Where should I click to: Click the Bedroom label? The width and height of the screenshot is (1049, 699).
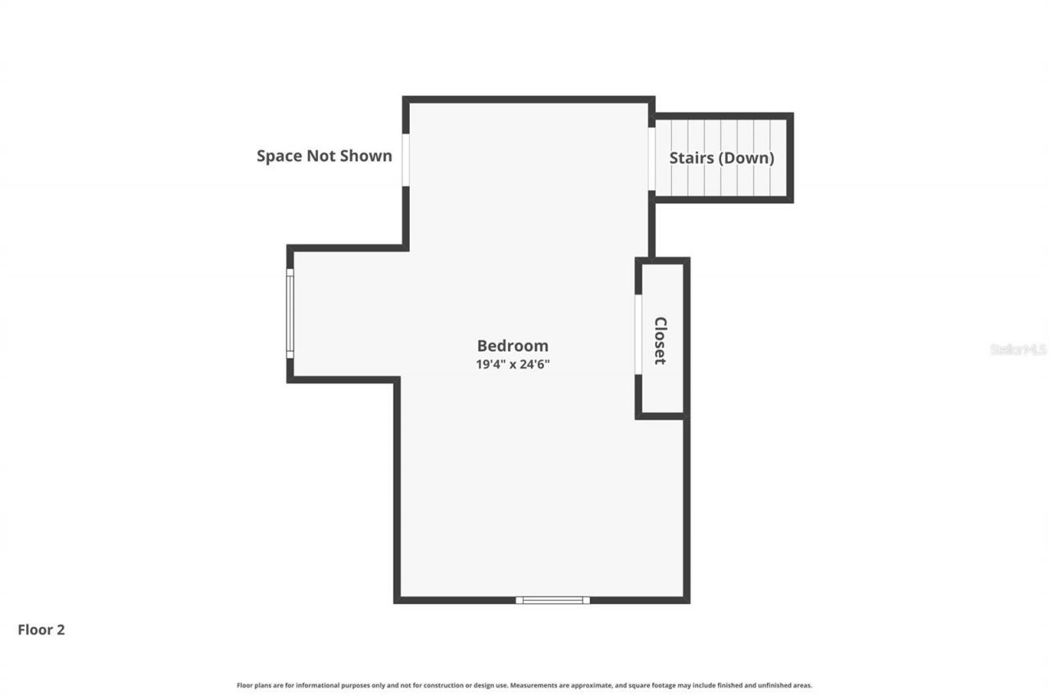coord(512,346)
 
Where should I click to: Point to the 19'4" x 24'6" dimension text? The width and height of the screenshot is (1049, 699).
coord(512,365)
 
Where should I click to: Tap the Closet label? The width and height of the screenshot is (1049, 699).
coord(661,340)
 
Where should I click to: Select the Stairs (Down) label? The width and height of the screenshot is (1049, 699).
coord(721,158)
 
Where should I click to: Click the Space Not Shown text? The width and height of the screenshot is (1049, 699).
coord(325,156)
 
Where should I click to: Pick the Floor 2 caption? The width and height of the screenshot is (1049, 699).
coord(41,629)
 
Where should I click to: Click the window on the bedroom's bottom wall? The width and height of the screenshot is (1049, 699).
coord(552,600)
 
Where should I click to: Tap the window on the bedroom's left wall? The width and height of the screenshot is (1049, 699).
coord(290,313)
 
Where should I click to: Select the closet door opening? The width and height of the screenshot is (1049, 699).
coord(638,334)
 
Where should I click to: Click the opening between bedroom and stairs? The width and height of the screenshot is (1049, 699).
coord(652,159)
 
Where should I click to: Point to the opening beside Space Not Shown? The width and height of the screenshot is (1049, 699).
coord(405,159)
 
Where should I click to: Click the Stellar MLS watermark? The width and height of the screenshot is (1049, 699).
coord(1019,349)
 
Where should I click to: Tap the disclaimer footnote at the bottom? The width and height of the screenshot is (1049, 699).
coord(524,685)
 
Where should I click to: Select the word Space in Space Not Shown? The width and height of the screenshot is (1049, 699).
coord(279,156)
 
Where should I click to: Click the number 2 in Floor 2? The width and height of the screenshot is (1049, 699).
coord(60,629)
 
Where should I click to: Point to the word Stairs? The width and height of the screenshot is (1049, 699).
coord(691,158)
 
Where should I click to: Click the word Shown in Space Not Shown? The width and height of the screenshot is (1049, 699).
coord(366,156)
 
